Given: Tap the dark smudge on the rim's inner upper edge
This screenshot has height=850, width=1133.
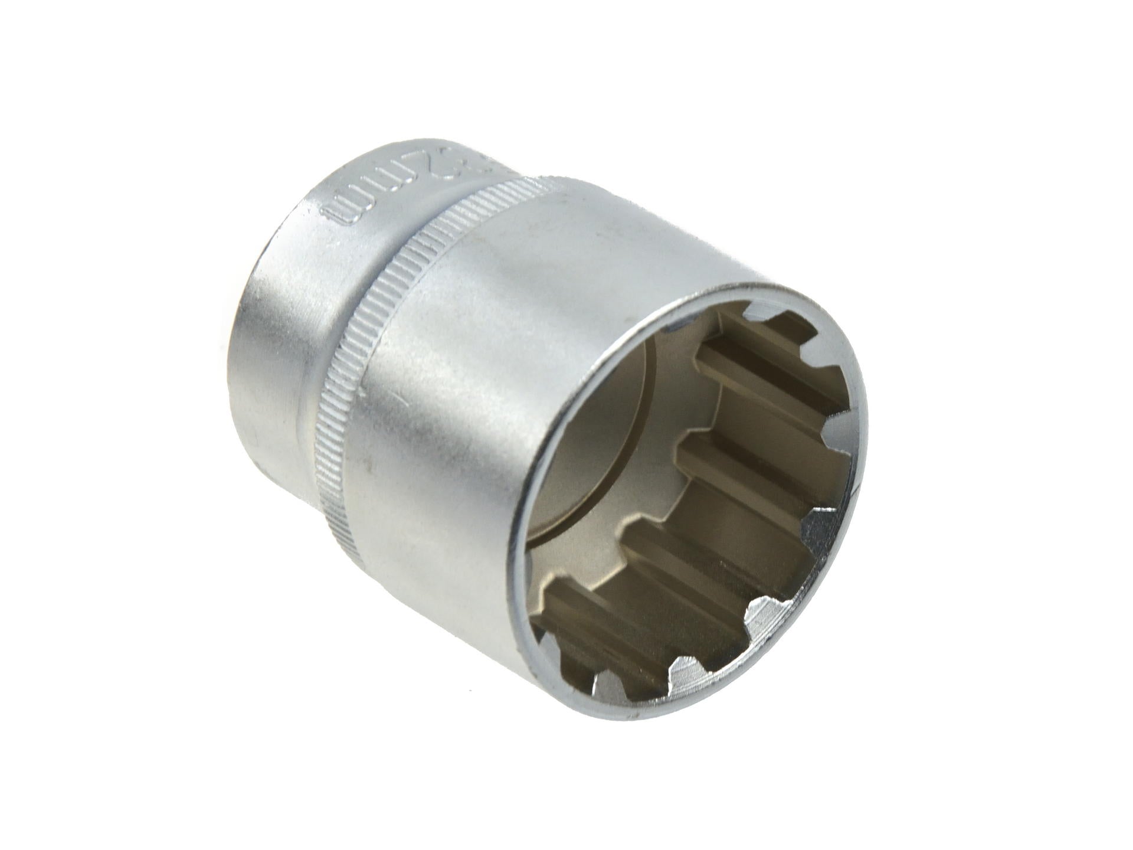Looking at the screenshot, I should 679,325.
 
